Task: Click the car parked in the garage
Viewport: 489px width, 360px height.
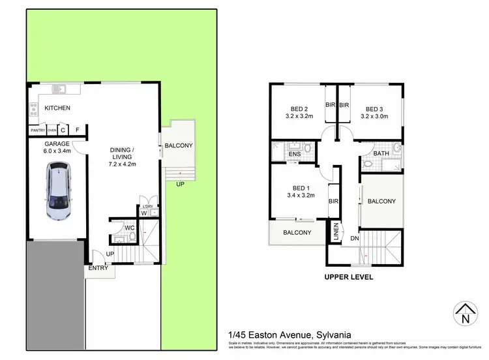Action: coord(58,194)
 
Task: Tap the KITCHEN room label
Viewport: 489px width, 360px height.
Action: coord(57,108)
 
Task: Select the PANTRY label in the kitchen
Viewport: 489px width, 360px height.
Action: coord(37,130)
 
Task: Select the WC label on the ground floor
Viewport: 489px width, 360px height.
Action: coord(129,228)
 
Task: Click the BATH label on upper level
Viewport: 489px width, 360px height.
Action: coord(381,154)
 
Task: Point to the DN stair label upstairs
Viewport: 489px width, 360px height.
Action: coord(354,239)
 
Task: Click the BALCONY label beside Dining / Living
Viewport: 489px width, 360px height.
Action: coord(178,145)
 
